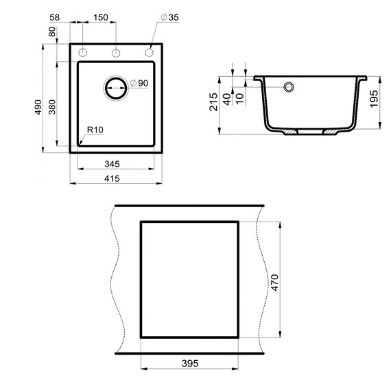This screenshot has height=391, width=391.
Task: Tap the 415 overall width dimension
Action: coord(113,178)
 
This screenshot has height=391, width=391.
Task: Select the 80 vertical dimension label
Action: coord(52,32)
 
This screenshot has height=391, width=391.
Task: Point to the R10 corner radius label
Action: coord(94,130)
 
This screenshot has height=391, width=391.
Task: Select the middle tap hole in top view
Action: coord(116,53)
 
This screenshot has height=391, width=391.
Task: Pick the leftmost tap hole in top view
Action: coord(83,53)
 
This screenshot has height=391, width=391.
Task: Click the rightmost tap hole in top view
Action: coord(149,53)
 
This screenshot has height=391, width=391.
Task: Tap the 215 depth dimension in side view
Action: coord(214,101)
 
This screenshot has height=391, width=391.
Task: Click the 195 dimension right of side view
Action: coord(374,100)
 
